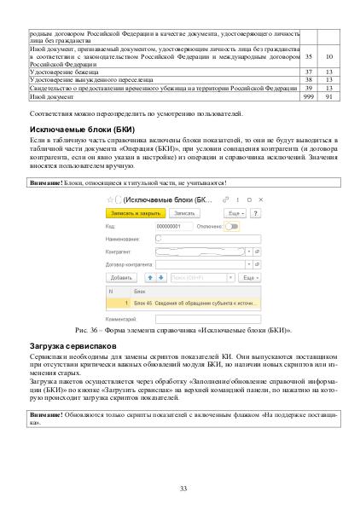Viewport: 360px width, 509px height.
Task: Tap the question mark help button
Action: click(255, 212)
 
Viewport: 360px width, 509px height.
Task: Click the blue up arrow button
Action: click(150, 278)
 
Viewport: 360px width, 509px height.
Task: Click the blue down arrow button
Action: click(160, 278)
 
